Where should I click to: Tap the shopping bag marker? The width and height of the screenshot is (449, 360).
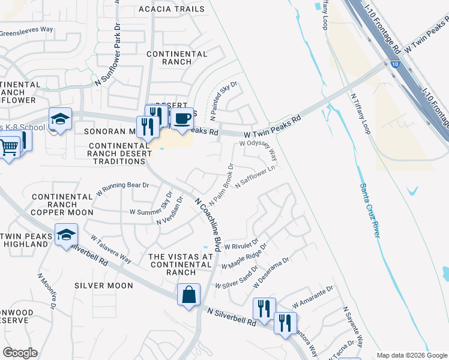point(188,295)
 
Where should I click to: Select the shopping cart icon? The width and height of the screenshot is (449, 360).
point(8,146)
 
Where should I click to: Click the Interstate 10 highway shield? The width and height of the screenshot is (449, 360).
point(393,63)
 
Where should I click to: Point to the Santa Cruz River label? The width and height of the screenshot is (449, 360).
point(369,210)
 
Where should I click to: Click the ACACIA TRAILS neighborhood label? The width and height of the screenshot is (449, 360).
point(171,9)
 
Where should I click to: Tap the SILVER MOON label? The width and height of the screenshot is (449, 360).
point(104,286)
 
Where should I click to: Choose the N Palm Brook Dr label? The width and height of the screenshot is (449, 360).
point(221,183)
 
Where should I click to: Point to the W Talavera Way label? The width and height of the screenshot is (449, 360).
point(110,248)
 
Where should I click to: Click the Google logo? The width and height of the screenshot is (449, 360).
point(20,353)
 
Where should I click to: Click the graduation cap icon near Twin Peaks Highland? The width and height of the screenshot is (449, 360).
point(66,234)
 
